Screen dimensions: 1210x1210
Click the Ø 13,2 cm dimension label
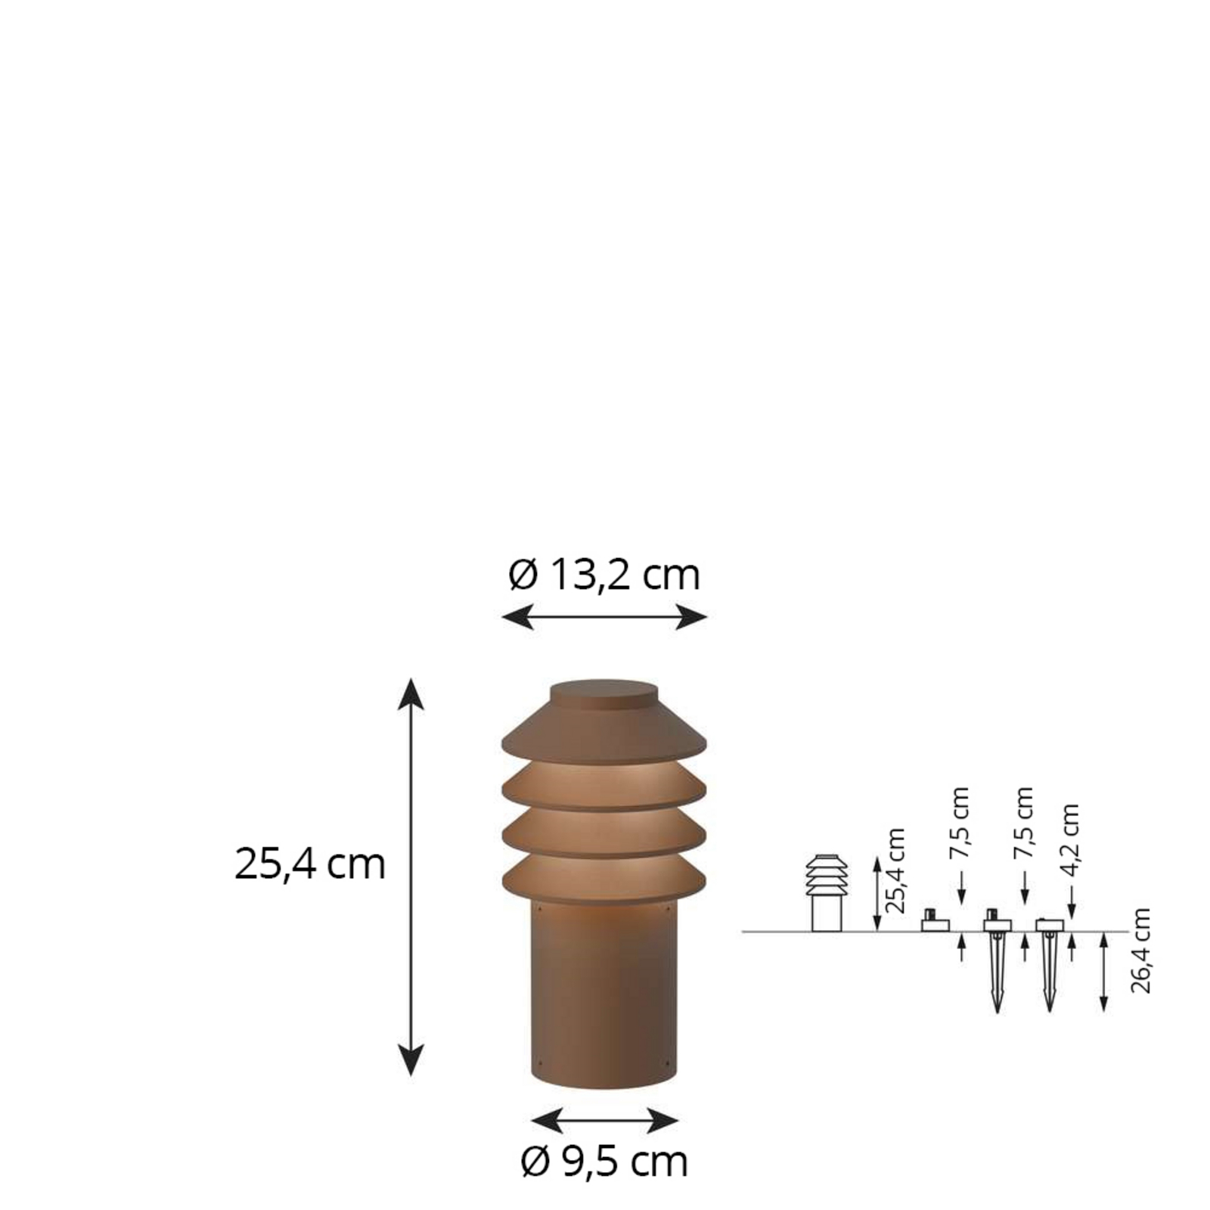pos(604,576)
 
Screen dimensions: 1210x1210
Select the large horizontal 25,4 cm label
pos(310,864)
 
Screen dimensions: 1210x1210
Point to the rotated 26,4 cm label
pos(1140,951)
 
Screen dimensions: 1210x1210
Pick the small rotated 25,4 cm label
pos(895,871)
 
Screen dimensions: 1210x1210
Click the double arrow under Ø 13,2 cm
pos(604,617)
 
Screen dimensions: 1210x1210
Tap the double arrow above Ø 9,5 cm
pos(605,1119)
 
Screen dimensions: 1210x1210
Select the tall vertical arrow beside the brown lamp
pos(411,876)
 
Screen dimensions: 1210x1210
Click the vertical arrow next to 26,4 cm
pos(1104,972)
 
